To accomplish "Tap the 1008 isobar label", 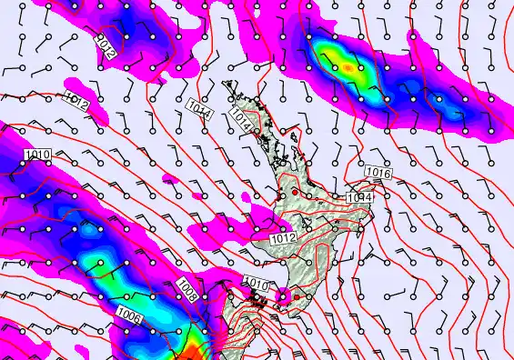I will point(188,289).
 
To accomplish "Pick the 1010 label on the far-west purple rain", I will point(38,155).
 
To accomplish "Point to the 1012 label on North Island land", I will point(283,238).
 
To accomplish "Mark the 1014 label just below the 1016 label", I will point(360,197).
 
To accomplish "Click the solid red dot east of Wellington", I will point(297,297).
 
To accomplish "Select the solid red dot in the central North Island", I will point(295,193).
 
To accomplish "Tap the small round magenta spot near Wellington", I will point(283,295).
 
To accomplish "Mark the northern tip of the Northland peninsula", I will point(227,85).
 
